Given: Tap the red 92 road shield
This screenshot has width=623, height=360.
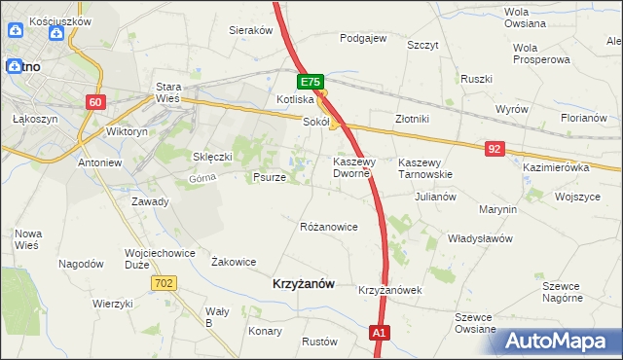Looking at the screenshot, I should [496, 148].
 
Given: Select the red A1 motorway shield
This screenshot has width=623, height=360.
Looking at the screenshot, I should [381, 334].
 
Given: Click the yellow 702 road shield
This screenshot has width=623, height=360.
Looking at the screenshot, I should [164, 282].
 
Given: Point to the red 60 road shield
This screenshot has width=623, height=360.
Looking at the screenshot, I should [94, 102].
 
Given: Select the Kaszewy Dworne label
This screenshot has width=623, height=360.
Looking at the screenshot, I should [351, 167].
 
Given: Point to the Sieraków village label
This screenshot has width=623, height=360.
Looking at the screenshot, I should [250, 30].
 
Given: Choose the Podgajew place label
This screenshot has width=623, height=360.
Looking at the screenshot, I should [363, 39].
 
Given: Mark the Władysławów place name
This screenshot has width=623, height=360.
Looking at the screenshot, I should [479, 237].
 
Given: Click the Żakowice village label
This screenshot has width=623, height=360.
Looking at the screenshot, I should [234, 261].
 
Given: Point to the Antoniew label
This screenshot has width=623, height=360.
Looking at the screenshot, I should [98, 162].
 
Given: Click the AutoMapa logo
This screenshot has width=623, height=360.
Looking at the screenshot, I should [555, 340].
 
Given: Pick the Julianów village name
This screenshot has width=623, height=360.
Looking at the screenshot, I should [435, 196].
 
